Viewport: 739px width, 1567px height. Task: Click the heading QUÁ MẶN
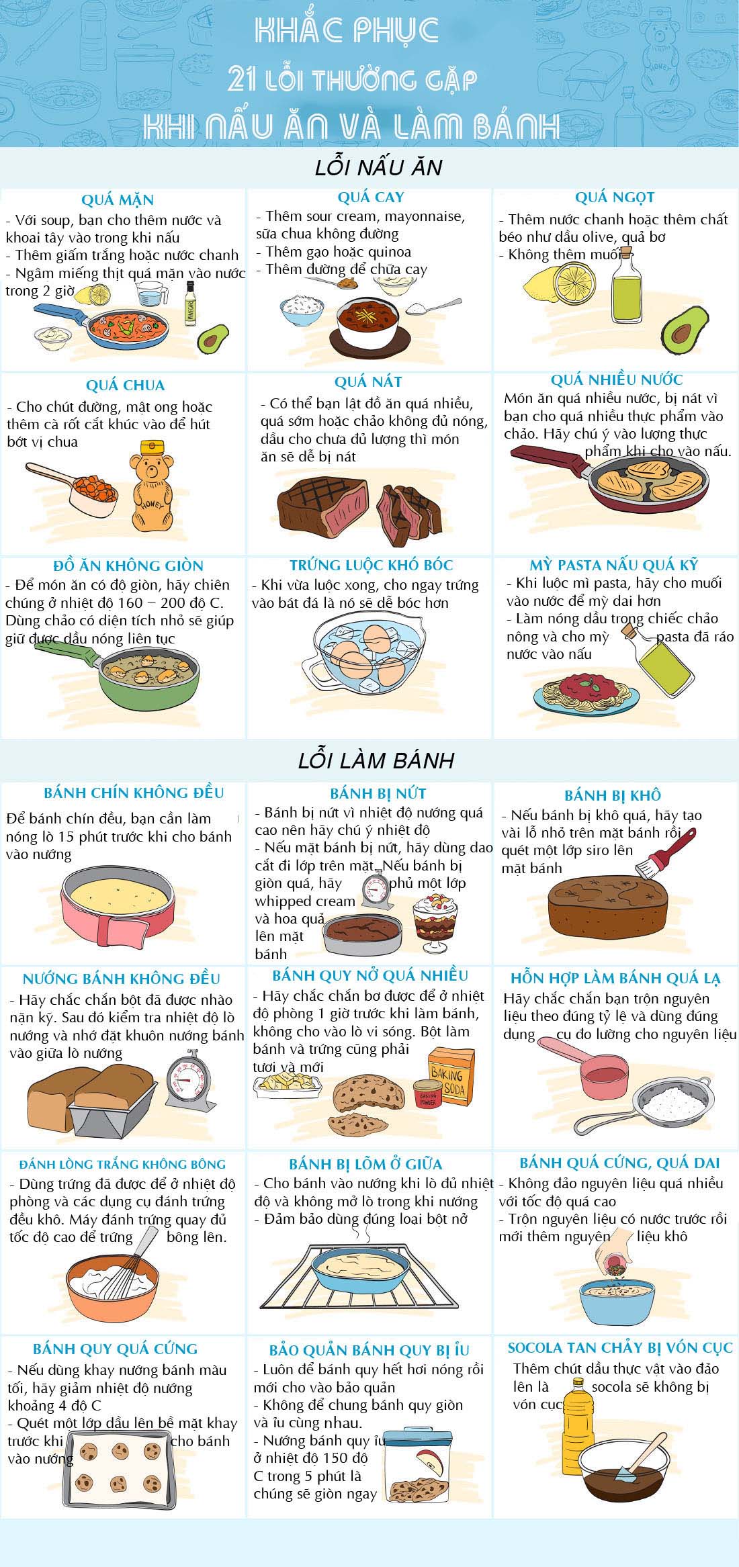point(118,200)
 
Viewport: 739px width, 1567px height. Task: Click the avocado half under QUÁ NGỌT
point(686,330)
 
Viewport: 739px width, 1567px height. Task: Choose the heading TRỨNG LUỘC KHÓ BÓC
point(372,566)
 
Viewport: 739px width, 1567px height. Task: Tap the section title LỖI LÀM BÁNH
point(376,760)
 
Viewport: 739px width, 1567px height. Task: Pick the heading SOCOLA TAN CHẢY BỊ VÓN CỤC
point(620,1347)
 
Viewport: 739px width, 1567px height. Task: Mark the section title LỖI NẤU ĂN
point(379,167)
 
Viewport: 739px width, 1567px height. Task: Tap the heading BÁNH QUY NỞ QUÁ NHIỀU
point(370,975)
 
